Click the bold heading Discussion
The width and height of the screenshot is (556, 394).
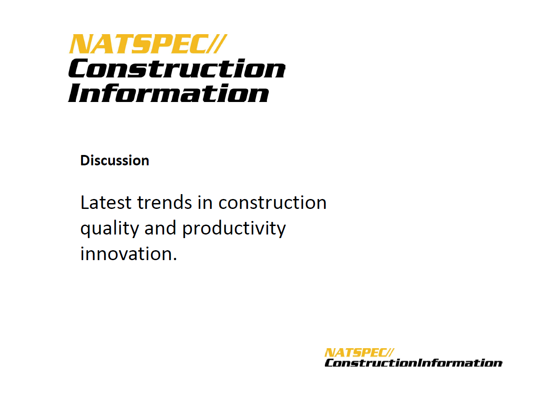point(115,160)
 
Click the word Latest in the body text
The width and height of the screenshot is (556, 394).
point(106,203)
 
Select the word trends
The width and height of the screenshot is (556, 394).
point(165,203)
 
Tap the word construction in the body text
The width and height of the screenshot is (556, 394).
point(272,203)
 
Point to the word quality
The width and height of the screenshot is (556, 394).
point(109,229)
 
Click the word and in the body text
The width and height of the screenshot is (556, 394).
point(160,228)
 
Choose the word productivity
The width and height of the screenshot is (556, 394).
point(234,229)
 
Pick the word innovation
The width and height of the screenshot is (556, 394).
point(125,253)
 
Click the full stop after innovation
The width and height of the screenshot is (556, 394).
point(175,259)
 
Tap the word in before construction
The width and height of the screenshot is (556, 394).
point(205,203)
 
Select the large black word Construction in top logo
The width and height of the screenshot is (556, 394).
point(177,68)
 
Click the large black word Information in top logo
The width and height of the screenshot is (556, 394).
point(168,93)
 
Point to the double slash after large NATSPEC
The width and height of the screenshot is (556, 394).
point(216,44)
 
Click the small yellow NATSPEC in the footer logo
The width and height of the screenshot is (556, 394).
point(355,353)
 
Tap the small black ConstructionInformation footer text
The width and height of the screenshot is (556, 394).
point(414,363)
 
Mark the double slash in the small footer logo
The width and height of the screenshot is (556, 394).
point(390,353)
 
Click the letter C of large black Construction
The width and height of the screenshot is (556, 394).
point(79,68)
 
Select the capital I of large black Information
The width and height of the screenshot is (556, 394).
point(74,93)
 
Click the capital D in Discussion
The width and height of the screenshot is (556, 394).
point(85,160)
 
